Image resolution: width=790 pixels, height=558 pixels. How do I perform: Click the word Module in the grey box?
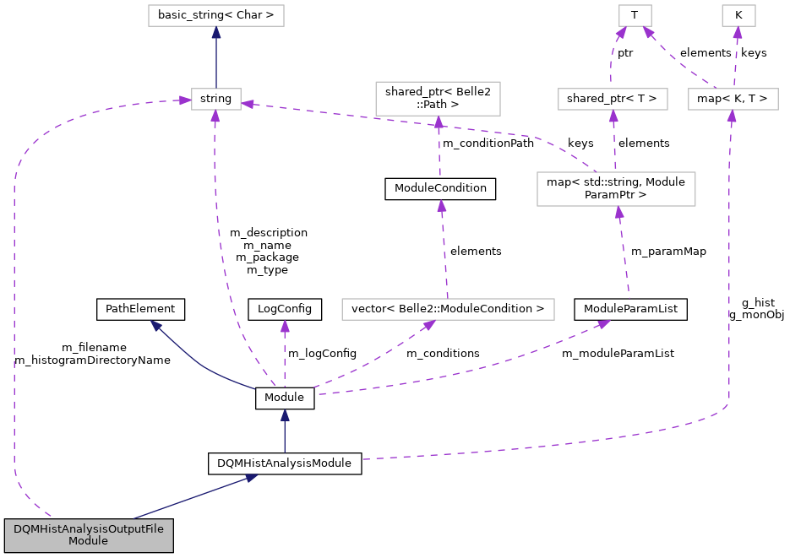click(x=88, y=541)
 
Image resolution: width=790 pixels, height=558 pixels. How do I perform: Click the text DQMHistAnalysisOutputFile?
click(x=89, y=528)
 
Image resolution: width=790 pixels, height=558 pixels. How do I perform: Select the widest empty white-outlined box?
click(x=448, y=310)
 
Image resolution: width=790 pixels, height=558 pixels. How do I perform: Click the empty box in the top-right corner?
click(x=738, y=15)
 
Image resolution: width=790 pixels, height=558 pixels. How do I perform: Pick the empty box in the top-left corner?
click(x=215, y=15)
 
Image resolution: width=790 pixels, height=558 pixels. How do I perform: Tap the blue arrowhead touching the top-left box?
click(x=216, y=33)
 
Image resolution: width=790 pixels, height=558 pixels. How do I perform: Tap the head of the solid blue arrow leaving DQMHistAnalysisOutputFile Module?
click(x=251, y=478)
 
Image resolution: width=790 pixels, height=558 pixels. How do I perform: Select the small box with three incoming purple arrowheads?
click(x=215, y=99)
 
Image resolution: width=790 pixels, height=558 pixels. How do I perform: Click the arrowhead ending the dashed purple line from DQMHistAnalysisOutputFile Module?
click(x=184, y=100)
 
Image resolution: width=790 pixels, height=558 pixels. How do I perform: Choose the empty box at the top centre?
click(x=438, y=99)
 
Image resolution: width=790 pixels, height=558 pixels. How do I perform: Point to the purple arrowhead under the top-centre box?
click(x=439, y=122)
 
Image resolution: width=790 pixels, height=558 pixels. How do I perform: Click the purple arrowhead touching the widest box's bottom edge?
click(x=429, y=325)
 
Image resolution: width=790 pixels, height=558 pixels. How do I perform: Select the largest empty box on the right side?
click(x=616, y=189)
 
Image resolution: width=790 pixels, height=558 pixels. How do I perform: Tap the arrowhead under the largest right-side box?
click(x=619, y=213)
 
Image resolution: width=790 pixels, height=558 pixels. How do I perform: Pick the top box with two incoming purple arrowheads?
click(x=635, y=15)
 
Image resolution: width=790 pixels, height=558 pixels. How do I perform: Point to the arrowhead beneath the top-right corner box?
click(x=738, y=33)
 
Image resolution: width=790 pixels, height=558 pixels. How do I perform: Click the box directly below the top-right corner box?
click(x=733, y=99)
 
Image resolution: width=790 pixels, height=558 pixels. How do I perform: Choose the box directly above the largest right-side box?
click(x=613, y=99)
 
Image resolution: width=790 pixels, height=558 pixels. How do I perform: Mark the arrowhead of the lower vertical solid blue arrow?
click(x=285, y=415)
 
